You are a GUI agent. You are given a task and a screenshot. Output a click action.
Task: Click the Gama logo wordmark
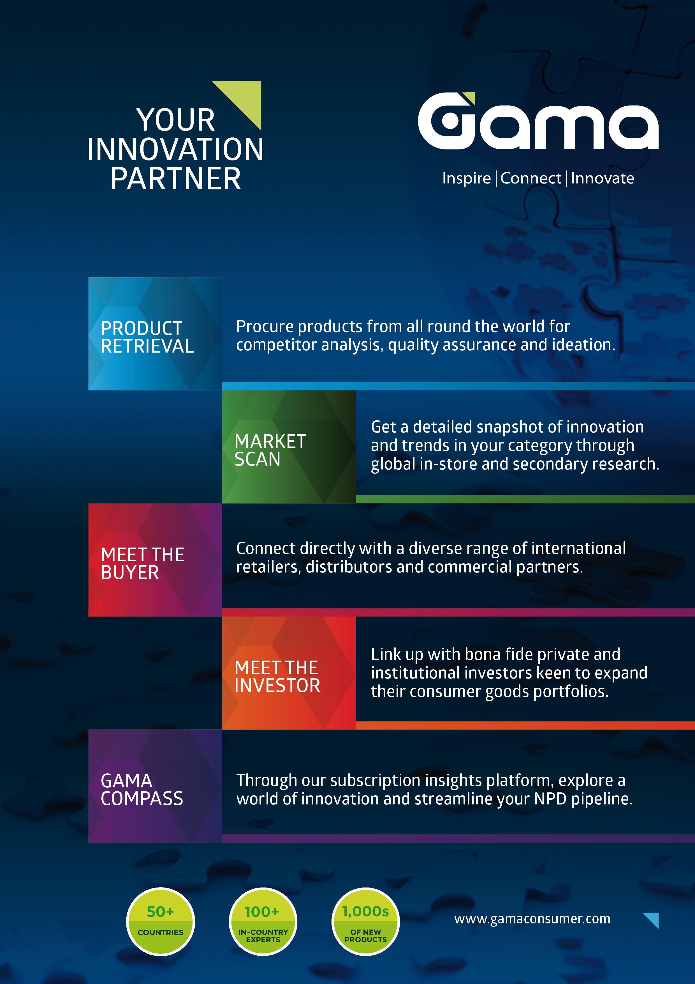538,122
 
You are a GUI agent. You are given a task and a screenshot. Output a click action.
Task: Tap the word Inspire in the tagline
466,178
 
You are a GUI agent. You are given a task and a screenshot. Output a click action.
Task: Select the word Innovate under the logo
602,178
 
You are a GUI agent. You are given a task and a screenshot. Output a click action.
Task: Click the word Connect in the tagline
530,178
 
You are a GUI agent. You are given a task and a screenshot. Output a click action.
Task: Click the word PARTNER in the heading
175,179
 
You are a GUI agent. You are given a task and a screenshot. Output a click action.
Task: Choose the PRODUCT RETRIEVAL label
147,337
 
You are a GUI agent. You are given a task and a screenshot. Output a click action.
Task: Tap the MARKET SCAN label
270,450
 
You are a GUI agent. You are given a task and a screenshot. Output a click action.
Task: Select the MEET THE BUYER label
142,564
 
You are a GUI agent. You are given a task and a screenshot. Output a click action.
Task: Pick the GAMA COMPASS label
142,790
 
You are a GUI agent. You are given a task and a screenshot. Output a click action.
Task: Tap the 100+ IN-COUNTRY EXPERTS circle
263,921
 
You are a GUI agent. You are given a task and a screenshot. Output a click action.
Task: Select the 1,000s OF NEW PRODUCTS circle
365,921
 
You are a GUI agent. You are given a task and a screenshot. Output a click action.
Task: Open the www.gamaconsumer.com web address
532,918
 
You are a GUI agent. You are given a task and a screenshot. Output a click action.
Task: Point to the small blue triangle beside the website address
652,919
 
